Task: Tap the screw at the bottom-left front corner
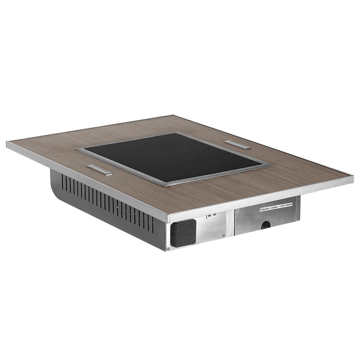tap(168, 248)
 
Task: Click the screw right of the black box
tap(223, 235)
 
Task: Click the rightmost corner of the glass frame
tap(272, 165)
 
